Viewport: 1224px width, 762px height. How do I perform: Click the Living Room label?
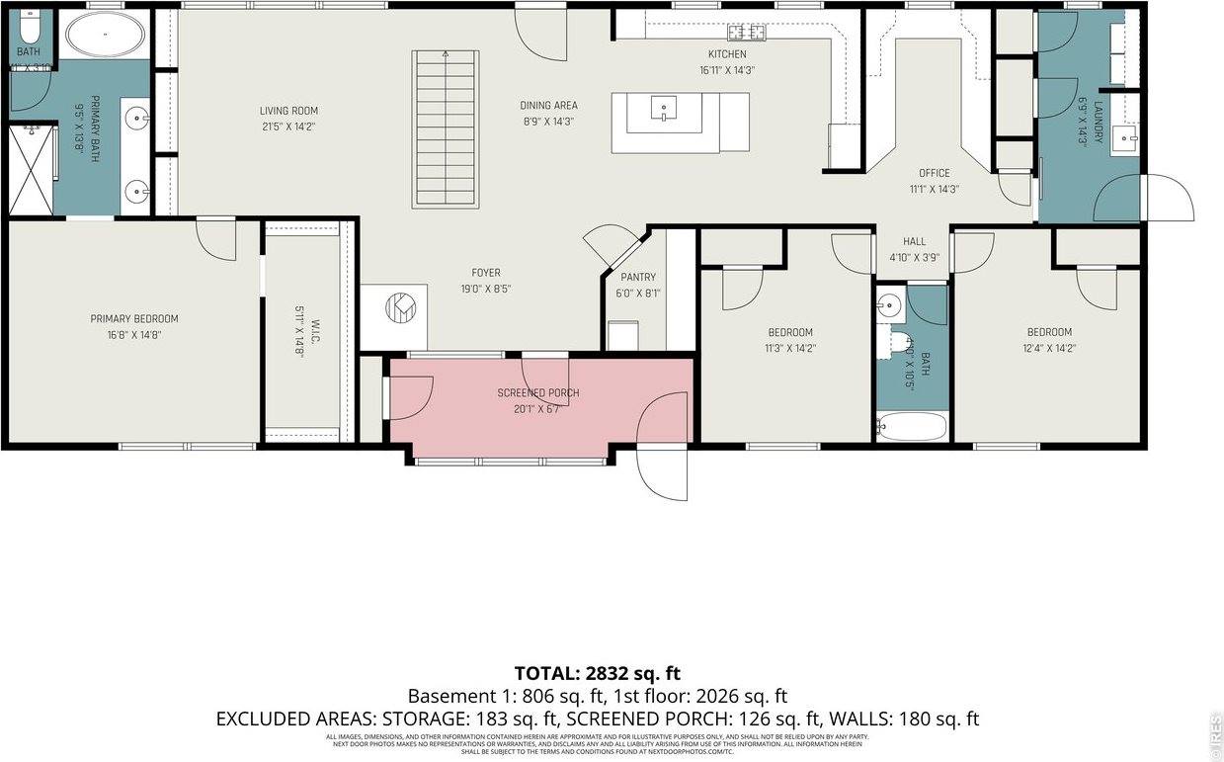click(288, 111)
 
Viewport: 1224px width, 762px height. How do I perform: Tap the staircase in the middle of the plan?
click(446, 128)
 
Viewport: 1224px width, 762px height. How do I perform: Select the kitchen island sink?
click(664, 108)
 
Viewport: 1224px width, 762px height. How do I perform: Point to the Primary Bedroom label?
click(134, 318)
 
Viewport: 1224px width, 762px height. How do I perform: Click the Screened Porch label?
click(537, 393)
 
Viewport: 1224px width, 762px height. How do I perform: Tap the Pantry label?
click(638, 278)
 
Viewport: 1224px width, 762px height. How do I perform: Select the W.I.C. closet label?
click(313, 324)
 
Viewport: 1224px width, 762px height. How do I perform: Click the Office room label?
click(934, 173)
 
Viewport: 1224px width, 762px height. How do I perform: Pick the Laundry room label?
click(1097, 121)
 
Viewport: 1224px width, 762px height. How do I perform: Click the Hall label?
click(914, 241)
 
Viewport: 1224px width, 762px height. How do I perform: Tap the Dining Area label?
click(548, 106)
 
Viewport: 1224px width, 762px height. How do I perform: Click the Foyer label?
click(485, 273)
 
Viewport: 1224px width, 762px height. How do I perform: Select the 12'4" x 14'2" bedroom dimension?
click(1048, 348)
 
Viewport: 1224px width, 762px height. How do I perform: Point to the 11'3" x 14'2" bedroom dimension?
click(790, 348)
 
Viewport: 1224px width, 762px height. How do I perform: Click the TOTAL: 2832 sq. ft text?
click(598, 673)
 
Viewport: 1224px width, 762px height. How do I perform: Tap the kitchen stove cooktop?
click(747, 32)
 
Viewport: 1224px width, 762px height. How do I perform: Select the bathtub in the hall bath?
click(911, 427)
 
